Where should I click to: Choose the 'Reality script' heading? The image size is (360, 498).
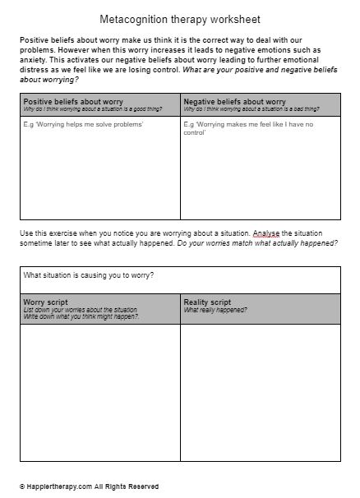[208, 302]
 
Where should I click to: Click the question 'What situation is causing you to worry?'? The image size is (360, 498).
[89, 275]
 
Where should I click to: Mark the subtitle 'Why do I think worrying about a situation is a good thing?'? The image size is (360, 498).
[91, 108]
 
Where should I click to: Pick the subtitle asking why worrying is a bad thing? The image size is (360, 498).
[255, 108]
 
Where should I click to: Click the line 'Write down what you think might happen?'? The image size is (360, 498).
[81, 316]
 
